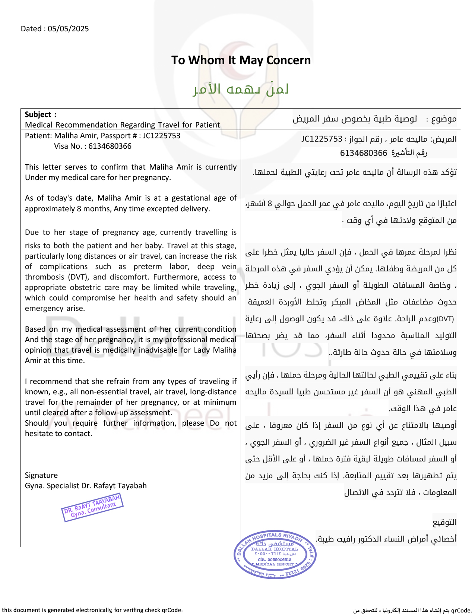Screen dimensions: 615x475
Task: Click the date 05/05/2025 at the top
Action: click(x=68, y=29)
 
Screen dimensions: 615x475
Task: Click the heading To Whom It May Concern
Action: click(x=241, y=60)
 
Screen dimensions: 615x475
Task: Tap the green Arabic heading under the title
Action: click(x=241, y=89)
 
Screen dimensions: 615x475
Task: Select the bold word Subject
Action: click(x=38, y=114)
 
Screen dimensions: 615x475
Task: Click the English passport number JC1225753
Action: click(x=161, y=136)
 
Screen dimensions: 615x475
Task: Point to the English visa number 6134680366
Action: click(x=110, y=146)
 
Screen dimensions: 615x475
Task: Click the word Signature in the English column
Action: click(x=41, y=475)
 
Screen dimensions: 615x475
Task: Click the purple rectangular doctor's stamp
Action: click(x=92, y=507)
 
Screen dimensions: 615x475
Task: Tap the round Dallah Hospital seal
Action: click(x=275, y=555)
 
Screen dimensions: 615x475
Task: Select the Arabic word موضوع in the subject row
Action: click(x=444, y=119)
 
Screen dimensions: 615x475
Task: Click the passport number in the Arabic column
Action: click(x=322, y=139)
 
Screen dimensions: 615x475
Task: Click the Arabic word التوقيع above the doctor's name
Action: click(x=444, y=522)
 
